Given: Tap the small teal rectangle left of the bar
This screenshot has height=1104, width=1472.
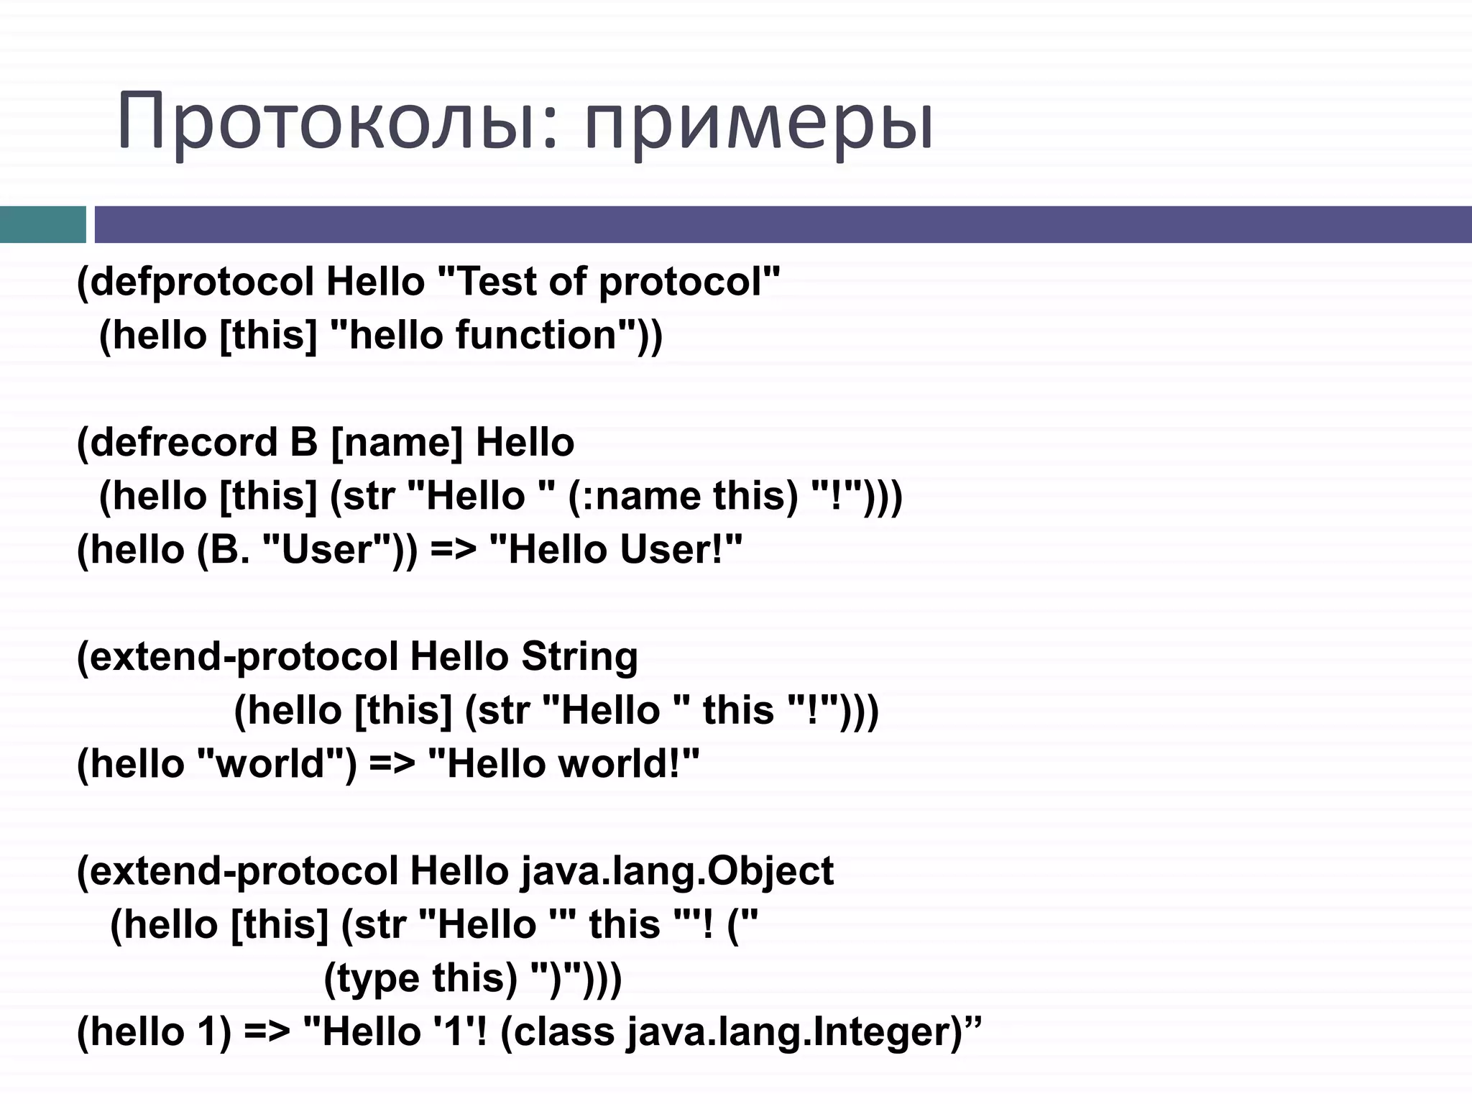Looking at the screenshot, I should click(42, 224).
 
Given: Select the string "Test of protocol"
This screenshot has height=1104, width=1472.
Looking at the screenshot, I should click(608, 282).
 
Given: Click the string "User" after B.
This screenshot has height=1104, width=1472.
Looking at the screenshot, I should click(327, 550).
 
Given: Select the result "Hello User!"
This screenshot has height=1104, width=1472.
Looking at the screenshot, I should click(615, 550).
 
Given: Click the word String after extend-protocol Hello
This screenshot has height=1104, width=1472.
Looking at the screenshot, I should click(579, 657).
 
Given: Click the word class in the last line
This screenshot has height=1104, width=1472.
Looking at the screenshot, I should click(565, 1033).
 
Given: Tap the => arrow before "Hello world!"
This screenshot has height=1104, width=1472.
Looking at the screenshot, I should click(392, 764).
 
